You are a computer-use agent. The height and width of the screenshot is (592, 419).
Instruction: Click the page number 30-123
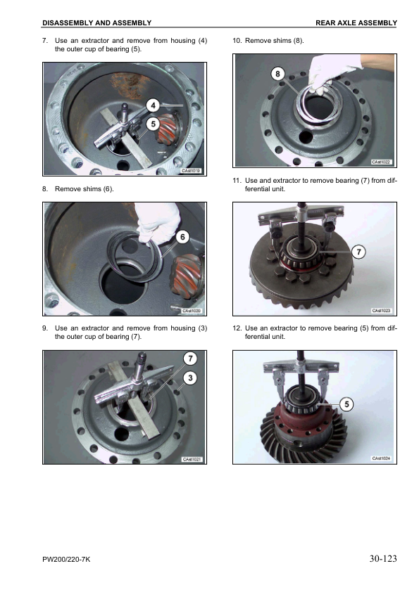383,558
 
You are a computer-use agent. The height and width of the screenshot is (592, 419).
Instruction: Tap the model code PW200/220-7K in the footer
66,559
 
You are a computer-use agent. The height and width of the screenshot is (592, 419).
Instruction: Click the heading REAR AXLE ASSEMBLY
356,23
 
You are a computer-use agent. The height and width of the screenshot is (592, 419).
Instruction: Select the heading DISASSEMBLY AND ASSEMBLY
96,23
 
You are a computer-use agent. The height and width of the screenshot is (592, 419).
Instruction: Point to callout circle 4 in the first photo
153,105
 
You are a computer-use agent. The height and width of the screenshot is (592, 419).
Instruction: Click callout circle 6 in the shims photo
182,237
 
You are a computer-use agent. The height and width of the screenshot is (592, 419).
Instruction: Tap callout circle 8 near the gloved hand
278,74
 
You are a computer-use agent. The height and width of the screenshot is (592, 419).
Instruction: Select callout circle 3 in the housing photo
190,378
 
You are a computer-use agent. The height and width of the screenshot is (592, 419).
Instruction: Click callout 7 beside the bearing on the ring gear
359,252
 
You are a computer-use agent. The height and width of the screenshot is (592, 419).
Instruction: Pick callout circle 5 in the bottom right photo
346,404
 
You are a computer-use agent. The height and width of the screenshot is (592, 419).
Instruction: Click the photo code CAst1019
191,171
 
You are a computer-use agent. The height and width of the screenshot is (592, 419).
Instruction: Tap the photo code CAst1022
381,162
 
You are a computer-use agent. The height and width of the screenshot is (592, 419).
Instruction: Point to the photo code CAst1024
381,458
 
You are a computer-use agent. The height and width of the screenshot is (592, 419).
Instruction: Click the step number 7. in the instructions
45,41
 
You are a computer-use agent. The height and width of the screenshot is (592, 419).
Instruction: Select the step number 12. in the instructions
237,328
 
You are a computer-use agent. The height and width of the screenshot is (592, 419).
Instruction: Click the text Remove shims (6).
85,188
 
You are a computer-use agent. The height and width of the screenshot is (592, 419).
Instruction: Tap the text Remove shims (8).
275,41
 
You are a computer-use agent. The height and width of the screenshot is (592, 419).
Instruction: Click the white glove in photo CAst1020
158,223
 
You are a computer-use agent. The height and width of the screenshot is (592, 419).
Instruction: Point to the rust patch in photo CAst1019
129,86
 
